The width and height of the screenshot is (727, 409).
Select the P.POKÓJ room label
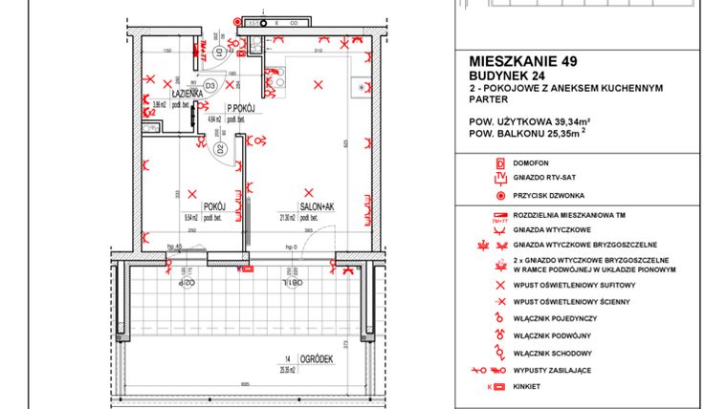(x=239, y=108)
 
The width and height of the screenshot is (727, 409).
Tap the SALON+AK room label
(x=315, y=205)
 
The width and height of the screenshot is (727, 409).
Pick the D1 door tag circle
(x=218, y=53)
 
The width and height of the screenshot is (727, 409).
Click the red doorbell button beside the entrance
(x=237, y=20)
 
